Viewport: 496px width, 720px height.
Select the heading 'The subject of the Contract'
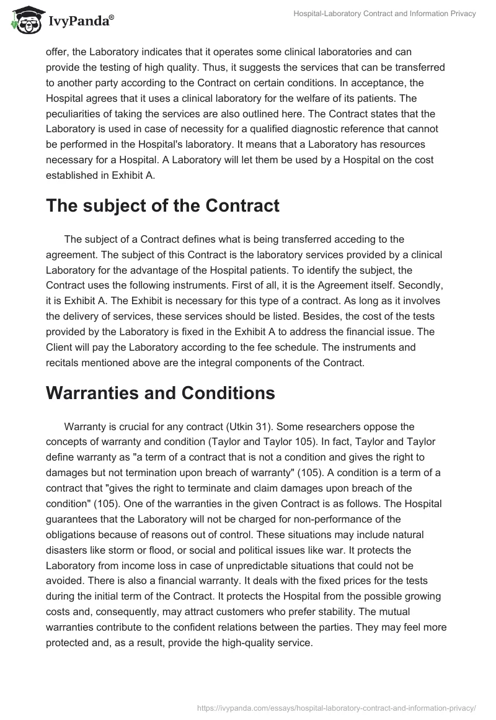coord(162,206)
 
